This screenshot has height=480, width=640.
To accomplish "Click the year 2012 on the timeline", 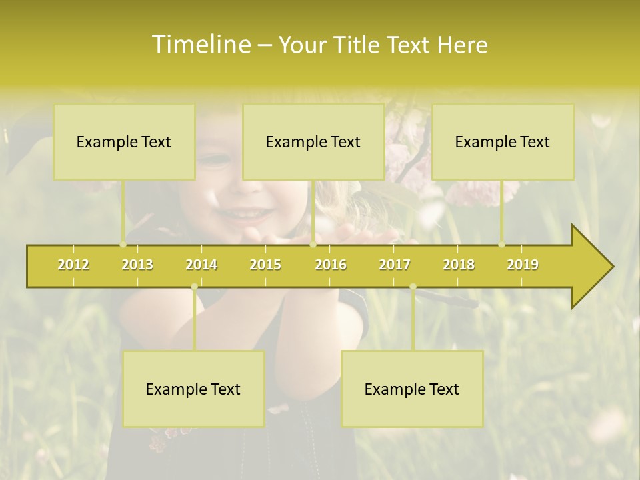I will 73,265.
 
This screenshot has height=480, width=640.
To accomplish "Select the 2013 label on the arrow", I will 137,265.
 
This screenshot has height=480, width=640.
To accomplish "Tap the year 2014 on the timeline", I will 201,265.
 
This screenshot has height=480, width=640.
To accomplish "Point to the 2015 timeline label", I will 265,265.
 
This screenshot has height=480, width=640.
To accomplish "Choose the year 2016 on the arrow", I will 331,265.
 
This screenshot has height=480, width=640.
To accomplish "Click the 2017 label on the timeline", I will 395,265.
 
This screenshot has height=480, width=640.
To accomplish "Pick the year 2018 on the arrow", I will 459,265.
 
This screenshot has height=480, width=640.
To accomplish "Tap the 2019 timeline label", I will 523,265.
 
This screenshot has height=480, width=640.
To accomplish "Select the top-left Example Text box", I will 124,142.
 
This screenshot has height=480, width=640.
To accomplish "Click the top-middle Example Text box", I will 313,142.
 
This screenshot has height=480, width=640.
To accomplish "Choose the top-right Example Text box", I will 503,142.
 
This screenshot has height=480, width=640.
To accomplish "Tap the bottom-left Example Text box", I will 193,389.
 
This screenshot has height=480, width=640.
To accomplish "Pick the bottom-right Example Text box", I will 412,389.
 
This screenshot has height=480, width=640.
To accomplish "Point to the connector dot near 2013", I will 123,245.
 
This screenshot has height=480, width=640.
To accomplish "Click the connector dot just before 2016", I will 313,245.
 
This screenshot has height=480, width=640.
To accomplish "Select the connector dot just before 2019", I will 502,245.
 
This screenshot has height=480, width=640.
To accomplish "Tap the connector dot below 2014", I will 194,287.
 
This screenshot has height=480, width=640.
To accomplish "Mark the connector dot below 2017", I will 413,287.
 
